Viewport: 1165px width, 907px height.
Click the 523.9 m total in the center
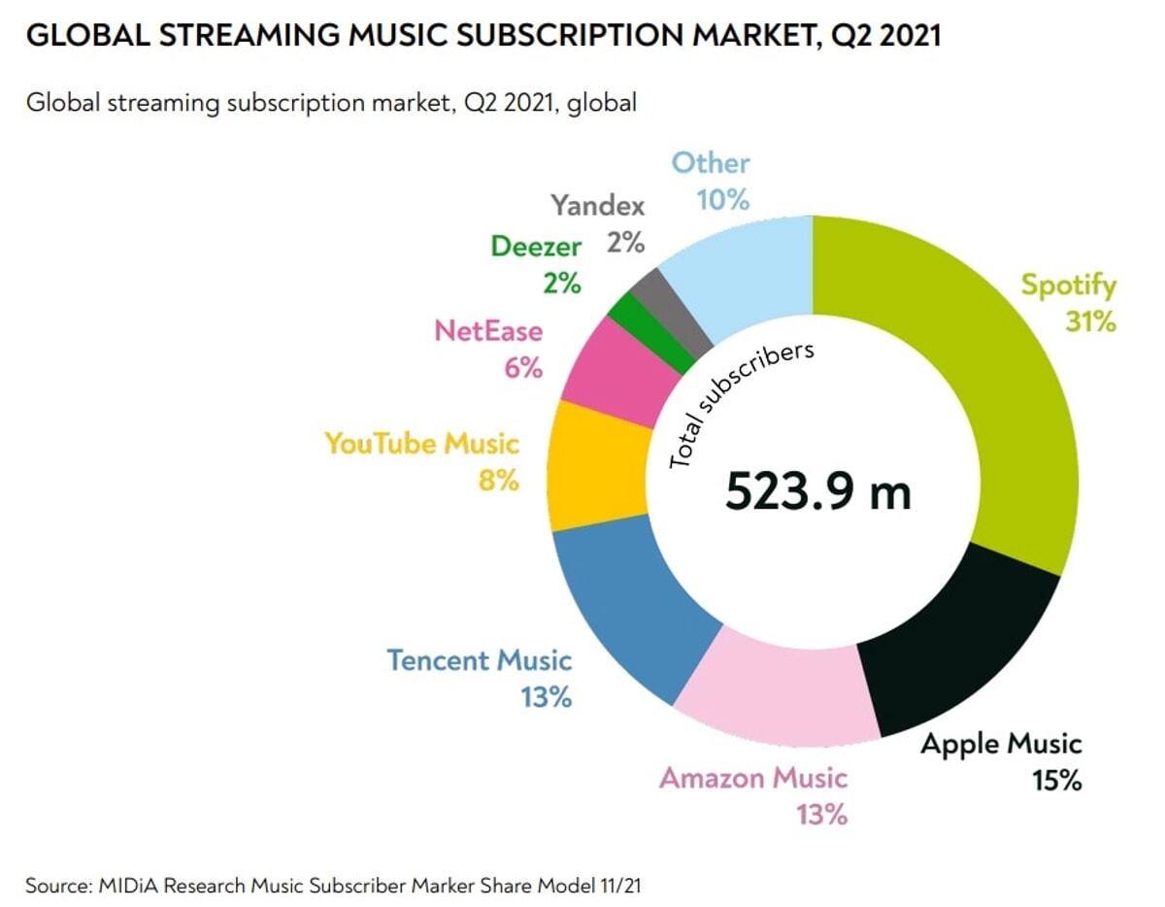coord(817,492)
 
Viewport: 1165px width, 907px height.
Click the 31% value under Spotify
coord(1089,321)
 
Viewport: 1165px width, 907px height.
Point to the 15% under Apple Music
coord(1056,780)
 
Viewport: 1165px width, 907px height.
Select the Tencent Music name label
coord(480,660)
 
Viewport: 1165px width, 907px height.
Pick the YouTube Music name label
coord(421,444)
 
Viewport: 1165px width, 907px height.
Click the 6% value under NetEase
coord(522,368)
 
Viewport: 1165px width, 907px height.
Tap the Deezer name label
coord(535,246)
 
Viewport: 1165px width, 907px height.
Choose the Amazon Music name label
coord(753,778)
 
